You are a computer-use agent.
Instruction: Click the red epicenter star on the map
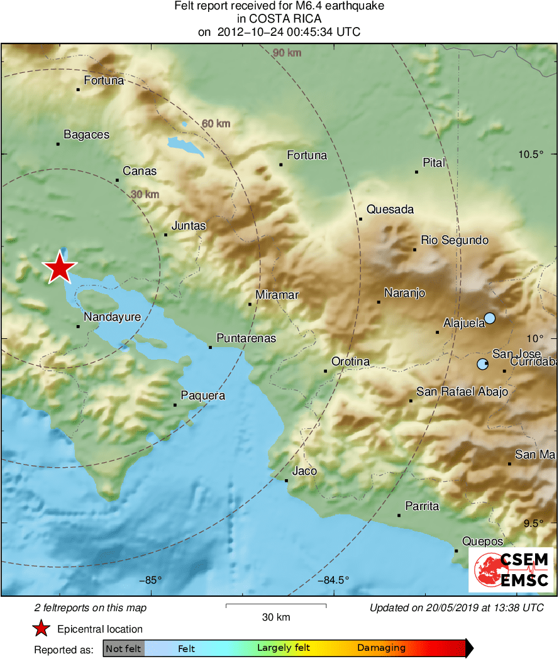(60, 268)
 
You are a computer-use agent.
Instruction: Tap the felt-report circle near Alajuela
(489, 318)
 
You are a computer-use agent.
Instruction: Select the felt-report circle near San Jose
(482, 364)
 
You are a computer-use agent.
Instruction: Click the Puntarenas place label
(246, 338)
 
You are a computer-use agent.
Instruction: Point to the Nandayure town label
(112, 317)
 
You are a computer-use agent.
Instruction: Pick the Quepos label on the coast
(482, 541)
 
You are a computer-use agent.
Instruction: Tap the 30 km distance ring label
(145, 194)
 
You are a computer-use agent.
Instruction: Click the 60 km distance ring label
(216, 124)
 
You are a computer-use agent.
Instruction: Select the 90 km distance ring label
(287, 53)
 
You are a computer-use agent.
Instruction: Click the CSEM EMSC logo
(512, 569)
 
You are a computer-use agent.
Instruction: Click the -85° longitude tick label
(150, 580)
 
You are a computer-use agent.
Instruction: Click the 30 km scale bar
(276, 606)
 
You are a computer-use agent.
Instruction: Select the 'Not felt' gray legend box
(123, 648)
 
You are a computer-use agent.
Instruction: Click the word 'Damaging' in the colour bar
(381, 648)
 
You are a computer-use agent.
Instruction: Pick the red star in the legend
(42, 628)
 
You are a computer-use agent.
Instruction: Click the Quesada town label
(390, 209)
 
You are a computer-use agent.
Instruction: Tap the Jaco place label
(304, 471)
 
